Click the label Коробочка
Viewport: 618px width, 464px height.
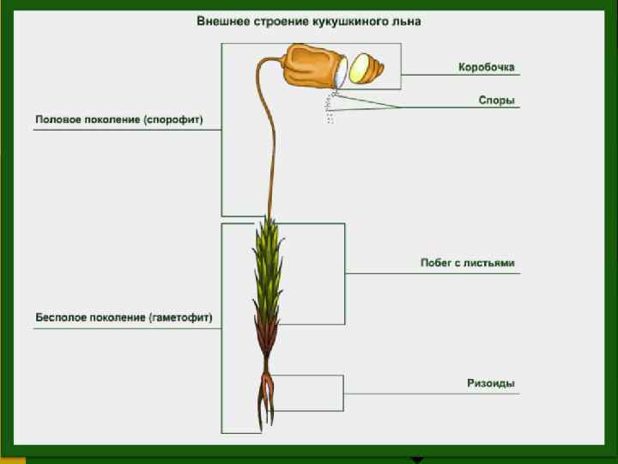pos(486,67)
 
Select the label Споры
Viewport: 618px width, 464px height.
pos(496,100)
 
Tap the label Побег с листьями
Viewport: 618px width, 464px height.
pos(468,263)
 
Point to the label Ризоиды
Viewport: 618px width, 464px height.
pos(491,383)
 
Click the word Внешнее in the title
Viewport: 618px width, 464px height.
pos(221,20)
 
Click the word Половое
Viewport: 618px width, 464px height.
pos(56,120)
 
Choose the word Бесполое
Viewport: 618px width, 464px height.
pos(59,317)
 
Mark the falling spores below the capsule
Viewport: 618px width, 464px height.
pos(330,111)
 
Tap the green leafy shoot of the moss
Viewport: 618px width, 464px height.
pos(268,266)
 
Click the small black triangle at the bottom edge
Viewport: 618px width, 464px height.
pos(417,461)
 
